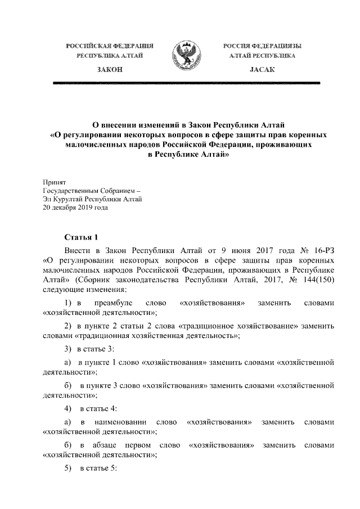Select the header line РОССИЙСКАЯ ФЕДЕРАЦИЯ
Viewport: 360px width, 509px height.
tap(110, 45)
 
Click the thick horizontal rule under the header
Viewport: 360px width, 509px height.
tap(186, 83)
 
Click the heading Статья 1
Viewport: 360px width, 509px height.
tap(82, 237)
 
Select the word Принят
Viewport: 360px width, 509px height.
tap(55, 182)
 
